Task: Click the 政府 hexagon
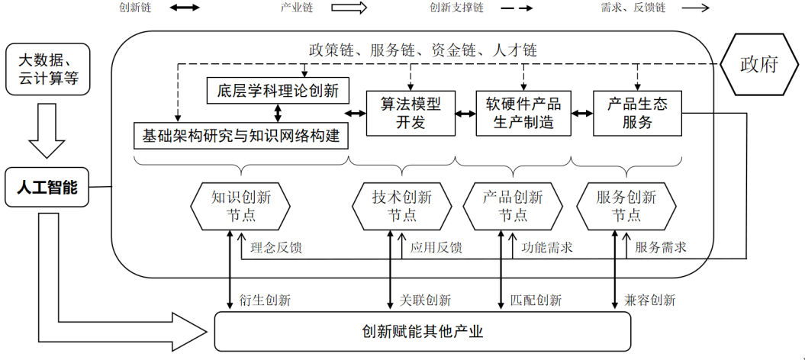click(x=758, y=65)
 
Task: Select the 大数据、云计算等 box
click(x=48, y=70)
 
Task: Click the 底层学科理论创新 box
click(x=278, y=92)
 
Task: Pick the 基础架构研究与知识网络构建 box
click(x=241, y=136)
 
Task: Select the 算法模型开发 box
click(x=411, y=114)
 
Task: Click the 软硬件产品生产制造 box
click(x=523, y=114)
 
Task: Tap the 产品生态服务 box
click(x=638, y=114)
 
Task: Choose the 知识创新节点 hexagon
click(x=240, y=206)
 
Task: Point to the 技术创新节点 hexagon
click(x=402, y=206)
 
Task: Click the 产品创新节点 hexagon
click(x=513, y=206)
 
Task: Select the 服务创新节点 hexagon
click(x=626, y=206)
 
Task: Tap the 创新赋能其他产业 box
click(x=422, y=331)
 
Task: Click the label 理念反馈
click(x=276, y=248)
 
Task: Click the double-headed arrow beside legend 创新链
click(x=184, y=8)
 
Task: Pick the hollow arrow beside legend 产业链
click(x=349, y=8)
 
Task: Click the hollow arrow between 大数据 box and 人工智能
click(x=47, y=130)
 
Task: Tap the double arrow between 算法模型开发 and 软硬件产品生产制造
click(x=466, y=114)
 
